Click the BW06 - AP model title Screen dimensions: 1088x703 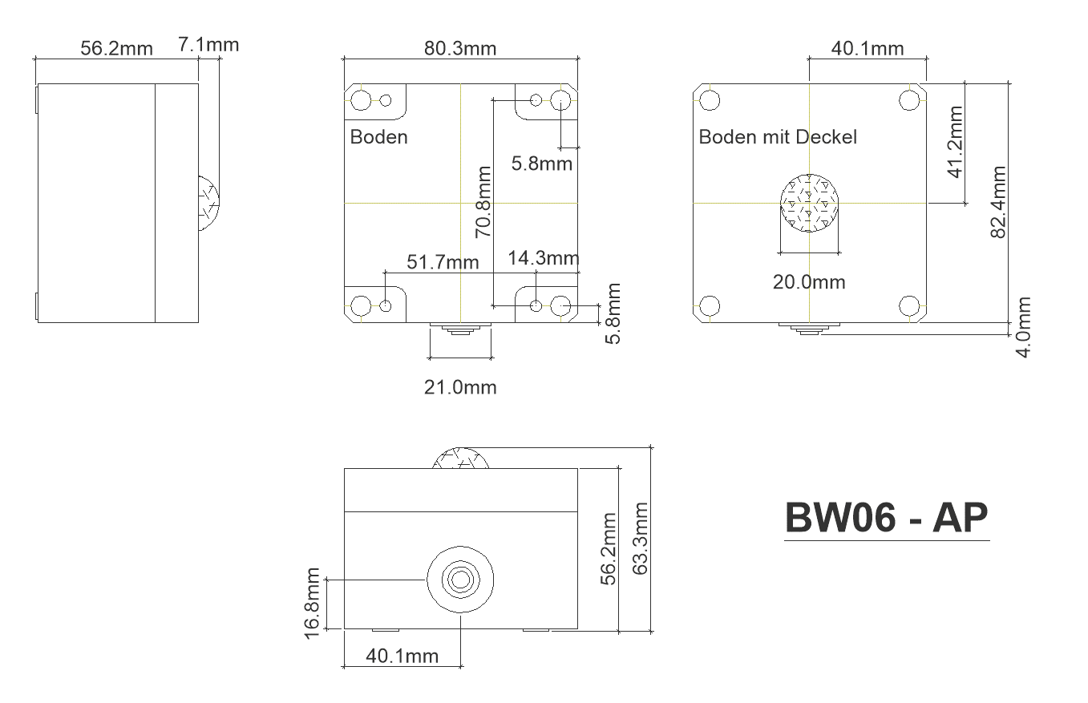point(887,518)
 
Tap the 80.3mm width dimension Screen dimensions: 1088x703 point(460,49)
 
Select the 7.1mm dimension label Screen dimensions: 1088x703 point(208,45)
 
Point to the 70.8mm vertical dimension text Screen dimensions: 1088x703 point(483,202)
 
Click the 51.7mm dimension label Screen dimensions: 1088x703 point(443,262)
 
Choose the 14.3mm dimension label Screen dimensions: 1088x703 point(544,258)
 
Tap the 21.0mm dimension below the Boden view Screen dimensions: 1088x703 point(460,387)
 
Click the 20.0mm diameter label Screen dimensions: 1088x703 point(809,282)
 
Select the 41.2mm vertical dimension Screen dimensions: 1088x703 point(956,142)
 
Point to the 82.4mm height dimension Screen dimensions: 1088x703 point(998,202)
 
